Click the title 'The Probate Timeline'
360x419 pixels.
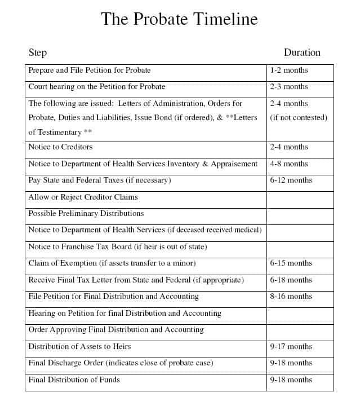click(x=179, y=19)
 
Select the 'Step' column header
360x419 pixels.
click(x=38, y=52)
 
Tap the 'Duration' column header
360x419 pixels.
click(x=302, y=52)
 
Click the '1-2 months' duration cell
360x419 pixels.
click(x=289, y=70)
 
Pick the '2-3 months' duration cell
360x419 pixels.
click(x=289, y=87)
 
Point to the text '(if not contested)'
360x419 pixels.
click(x=299, y=117)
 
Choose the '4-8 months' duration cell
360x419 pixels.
click(x=289, y=164)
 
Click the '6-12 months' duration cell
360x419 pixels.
click(x=291, y=180)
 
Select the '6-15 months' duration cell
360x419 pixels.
click(x=291, y=263)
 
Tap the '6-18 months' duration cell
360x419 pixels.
click(x=291, y=280)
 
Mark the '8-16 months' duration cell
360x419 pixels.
click(x=291, y=296)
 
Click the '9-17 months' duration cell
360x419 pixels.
click(x=291, y=346)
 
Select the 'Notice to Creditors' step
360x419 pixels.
click(x=60, y=147)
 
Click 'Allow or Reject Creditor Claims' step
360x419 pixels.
click(x=83, y=197)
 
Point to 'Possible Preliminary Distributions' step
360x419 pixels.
click(x=86, y=213)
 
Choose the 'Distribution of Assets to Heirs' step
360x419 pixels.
click(x=79, y=346)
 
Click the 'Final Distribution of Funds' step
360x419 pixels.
click(x=74, y=380)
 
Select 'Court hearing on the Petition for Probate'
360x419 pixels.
click(x=97, y=87)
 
